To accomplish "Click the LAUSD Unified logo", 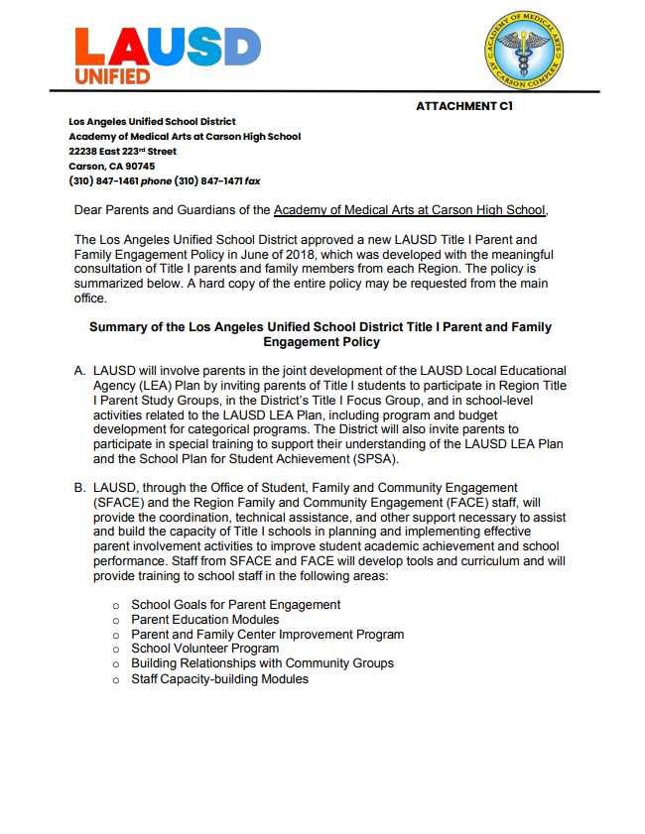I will click(168, 55).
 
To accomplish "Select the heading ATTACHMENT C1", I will click(464, 105).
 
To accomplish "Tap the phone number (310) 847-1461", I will click(103, 181).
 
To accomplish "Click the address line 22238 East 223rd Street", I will click(123, 151).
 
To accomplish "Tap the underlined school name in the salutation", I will click(409, 209).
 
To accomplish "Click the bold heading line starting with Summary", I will click(321, 326).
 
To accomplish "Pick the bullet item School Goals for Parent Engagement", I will click(235, 604).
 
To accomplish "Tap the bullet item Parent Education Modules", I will click(204, 619).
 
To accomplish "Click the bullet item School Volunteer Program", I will click(204, 649).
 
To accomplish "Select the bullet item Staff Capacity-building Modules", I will click(219, 679).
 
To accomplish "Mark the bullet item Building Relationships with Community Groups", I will click(262, 663).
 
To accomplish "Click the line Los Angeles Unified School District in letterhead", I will click(152, 121).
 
